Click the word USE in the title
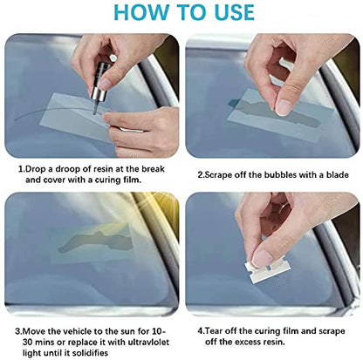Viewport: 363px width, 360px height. [x=226, y=12]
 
